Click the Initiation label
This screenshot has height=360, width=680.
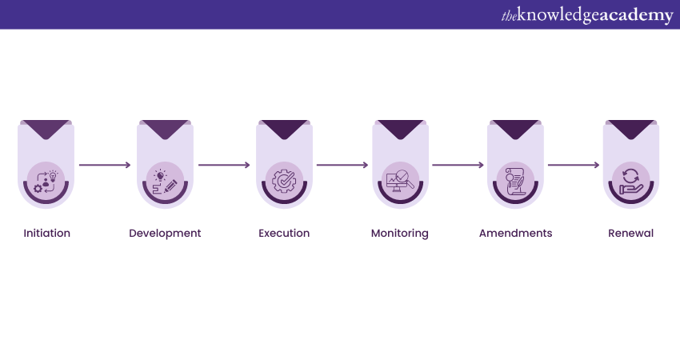(47, 234)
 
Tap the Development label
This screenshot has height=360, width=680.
(165, 234)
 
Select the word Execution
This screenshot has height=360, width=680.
(284, 234)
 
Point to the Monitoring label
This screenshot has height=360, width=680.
(400, 234)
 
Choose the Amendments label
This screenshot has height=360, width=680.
(515, 234)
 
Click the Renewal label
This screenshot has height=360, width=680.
(630, 234)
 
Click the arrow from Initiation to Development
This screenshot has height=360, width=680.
(105, 166)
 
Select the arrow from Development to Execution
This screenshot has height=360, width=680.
(224, 166)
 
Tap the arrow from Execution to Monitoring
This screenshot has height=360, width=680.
(342, 166)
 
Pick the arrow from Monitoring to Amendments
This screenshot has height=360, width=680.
(458, 166)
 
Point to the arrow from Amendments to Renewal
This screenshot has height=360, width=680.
(574, 166)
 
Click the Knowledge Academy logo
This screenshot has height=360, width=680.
(587, 15)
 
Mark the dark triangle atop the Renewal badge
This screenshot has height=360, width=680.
(630, 129)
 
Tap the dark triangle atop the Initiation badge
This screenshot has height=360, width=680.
(46, 129)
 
